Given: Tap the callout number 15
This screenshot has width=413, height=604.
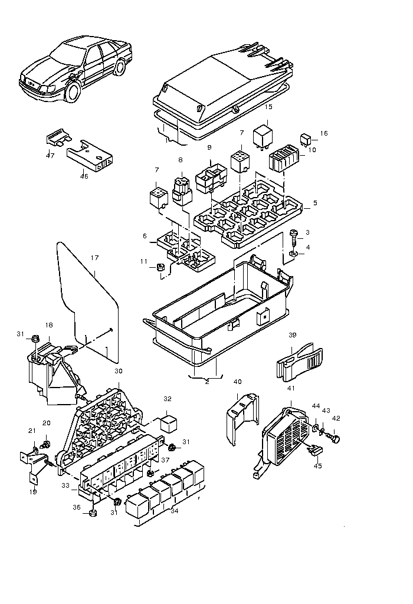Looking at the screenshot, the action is tap(268, 107).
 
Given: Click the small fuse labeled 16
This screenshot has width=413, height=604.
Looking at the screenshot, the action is tap(306, 139).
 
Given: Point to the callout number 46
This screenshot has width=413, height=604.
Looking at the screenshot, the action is tap(84, 176).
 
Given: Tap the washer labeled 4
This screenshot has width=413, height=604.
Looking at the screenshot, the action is tap(294, 254).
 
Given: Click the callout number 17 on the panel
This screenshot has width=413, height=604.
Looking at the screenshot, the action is tap(95, 258).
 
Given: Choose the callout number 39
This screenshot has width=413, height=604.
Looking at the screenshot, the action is tap(293, 335).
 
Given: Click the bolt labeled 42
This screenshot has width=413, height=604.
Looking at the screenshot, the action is tap(333, 437).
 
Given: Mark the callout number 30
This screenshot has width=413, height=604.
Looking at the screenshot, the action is tap(118, 371).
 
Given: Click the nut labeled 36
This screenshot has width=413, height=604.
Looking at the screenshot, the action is tap(93, 513).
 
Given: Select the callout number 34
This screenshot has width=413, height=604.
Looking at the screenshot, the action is tap(175, 511).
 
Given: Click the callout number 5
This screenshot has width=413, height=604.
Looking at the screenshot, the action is tap(315, 203).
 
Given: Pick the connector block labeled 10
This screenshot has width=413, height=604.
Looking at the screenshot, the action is tap(283, 158).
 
